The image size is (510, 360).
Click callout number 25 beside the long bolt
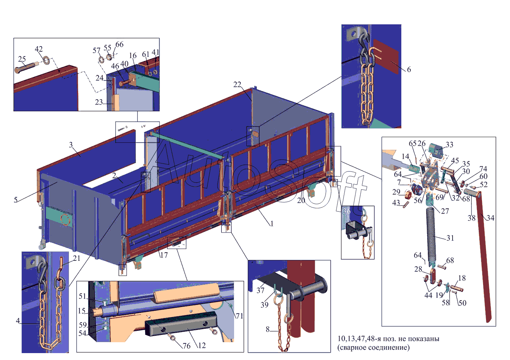(x=22, y=59)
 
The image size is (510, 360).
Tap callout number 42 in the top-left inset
(x=39, y=49)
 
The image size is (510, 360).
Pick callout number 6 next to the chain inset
(x=409, y=69)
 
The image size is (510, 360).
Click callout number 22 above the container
(x=237, y=85)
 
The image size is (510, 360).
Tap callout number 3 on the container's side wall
(x=71, y=145)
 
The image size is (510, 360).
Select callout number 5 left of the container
(x=16, y=199)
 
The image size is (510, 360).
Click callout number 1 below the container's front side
(x=271, y=223)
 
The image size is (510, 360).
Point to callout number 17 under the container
(x=164, y=255)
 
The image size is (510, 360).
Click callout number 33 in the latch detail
(x=449, y=145)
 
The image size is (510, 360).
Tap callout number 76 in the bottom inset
(x=186, y=346)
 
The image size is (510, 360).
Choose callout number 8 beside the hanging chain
(x=268, y=329)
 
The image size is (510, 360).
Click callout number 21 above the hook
(x=76, y=258)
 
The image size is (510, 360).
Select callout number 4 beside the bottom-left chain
(x=18, y=321)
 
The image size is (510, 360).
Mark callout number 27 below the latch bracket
(x=445, y=211)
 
